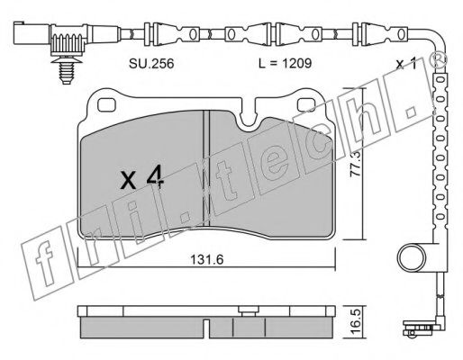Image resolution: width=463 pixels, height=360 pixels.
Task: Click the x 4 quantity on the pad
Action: [x=141, y=176]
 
